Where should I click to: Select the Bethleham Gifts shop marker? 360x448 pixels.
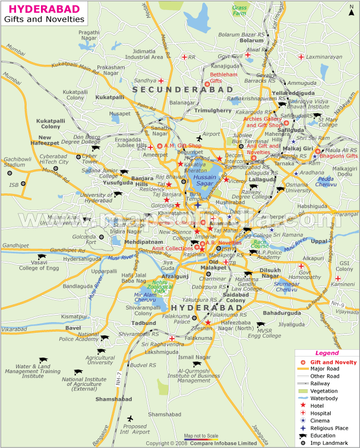[208, 84]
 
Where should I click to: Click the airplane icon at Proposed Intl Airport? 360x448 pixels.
[130, 418]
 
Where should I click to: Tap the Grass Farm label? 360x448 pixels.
[240, 10]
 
